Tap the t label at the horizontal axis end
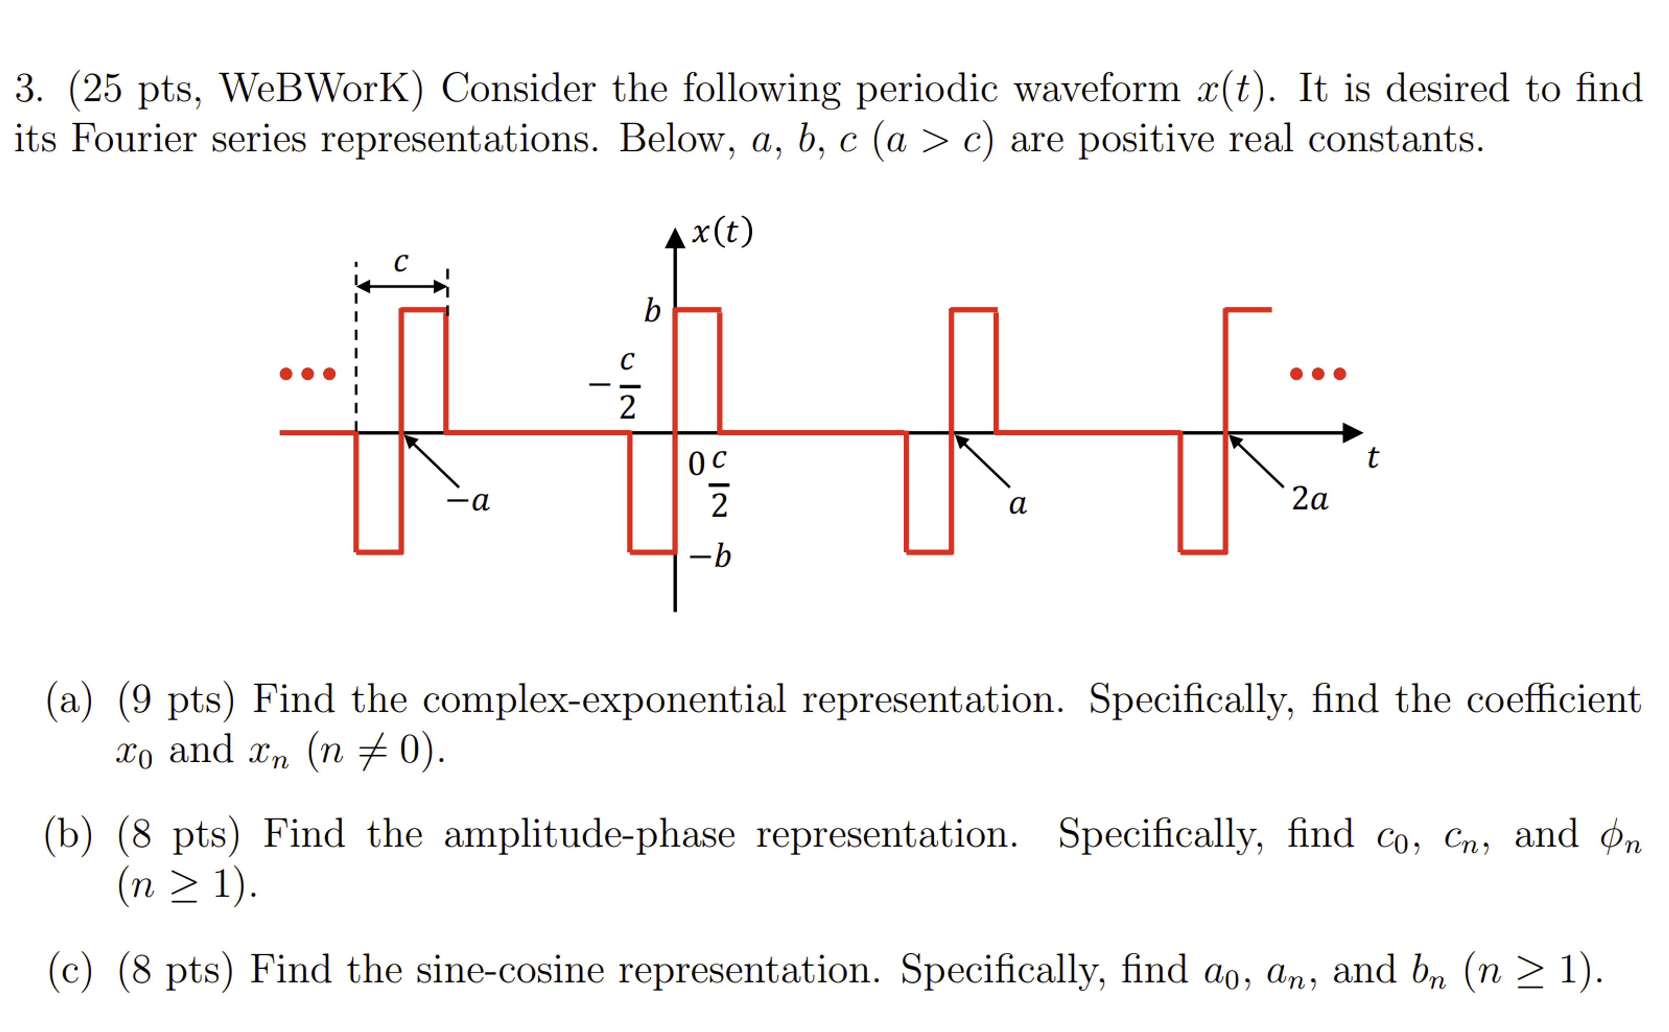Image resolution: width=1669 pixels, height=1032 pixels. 1372,457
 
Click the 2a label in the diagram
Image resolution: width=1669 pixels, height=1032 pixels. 1309,499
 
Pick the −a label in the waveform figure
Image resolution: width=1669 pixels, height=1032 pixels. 468,501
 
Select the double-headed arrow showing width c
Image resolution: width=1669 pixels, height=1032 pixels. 402,286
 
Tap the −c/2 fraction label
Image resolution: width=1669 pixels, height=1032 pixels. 618,384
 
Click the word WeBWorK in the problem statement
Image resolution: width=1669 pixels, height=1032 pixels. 321,89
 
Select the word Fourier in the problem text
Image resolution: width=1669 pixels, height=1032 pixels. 134,139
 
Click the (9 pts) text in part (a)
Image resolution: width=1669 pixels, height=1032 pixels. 176,700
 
